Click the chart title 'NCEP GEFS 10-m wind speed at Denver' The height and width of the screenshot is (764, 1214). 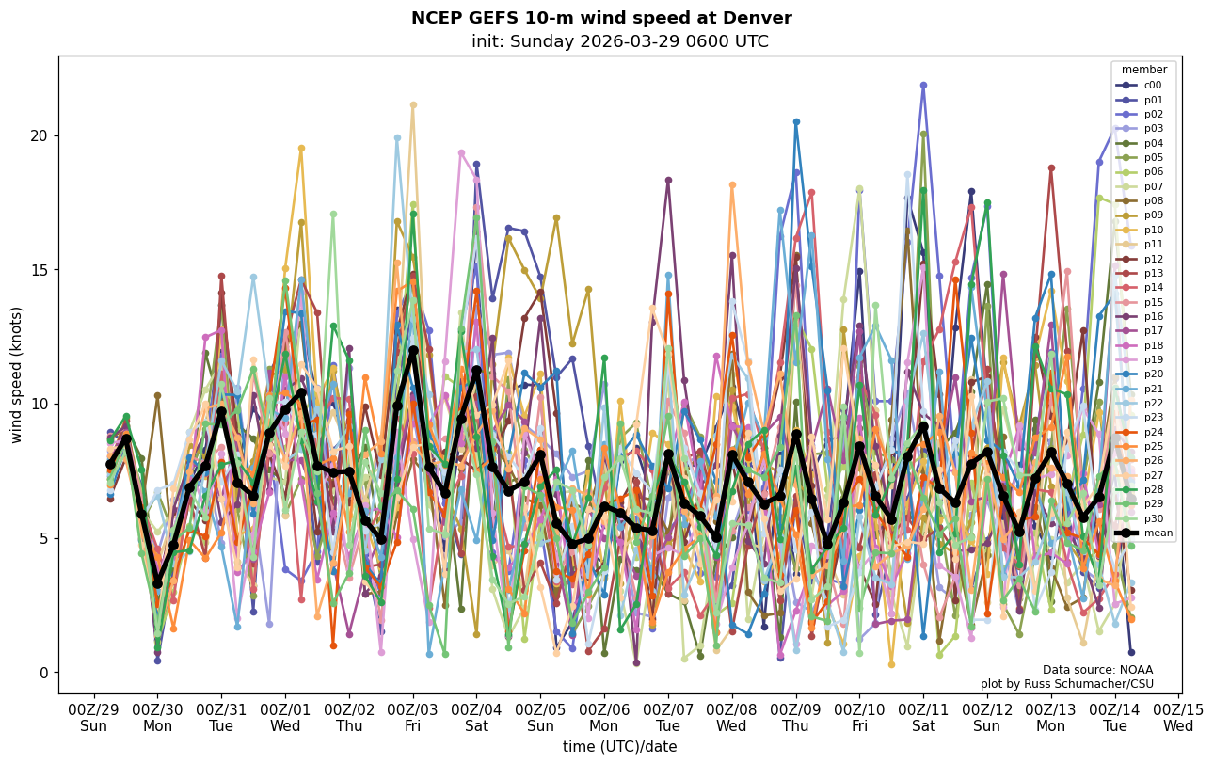pyautogui.click(x=601, y=18)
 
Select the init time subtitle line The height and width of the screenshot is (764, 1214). pyautogui.click(x=620, y=41)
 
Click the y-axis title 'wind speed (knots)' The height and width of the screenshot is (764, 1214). pyautogui.click(x=16, y=374)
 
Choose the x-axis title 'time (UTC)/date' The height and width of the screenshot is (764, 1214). pyautogui.click(x=620, y=746)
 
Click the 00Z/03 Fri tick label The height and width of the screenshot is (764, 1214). pyautogui.click(x=413, y=717)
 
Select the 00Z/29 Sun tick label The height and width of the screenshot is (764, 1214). pyautogui.click(x=93, y=717)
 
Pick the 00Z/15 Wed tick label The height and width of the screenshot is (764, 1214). pyautogui.click(x=1178, y=717)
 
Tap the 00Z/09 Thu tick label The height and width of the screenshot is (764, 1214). pyautogui.click(x=796, y=717)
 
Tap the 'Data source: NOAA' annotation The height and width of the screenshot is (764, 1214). pyautogui.click(x=1097, y=670)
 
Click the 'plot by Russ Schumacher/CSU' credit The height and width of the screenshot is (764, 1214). pyautogui.click(x=1066, y=684)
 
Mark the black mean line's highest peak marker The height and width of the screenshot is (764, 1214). pyautogui.click(x=413, y=350)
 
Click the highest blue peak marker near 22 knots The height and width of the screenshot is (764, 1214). pyautogui.click(x=923, y=85)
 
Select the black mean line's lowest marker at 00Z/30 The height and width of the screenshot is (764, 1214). pyautogui.click(x=157, y=583)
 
